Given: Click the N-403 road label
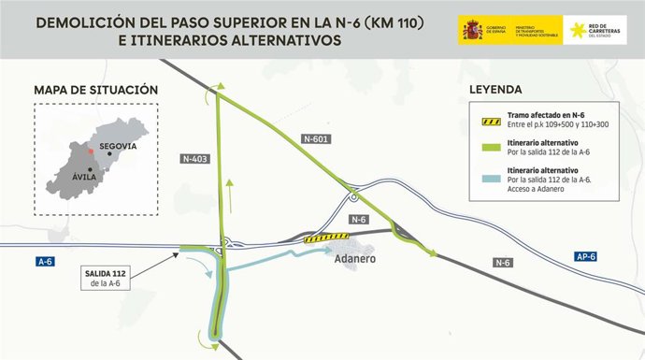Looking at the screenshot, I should pyautogui.click(x=195, y=159).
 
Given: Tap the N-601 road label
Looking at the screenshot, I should pyautogui.click(x=317, y=138).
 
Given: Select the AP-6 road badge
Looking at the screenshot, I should pyautogui.click(x=587, y=255).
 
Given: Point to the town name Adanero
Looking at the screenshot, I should pyautogui.click(x=354, y=257).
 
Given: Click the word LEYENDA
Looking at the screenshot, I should pyautogui.click(x=497, y=91).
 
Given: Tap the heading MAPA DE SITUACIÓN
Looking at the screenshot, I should pyautogui.click(x=95, y=90).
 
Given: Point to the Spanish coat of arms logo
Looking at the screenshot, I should pyautogui.click(x=469, y=30).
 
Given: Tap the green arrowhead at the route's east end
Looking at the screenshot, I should pyautogui.click(x=431, y=252).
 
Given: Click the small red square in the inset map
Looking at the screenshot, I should pyautogui.click(x=91, y=150).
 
